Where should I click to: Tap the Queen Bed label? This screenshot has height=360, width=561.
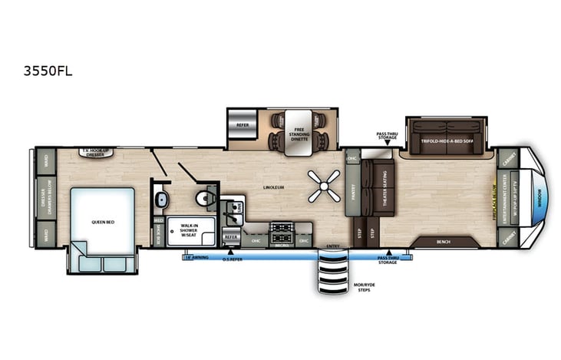pos(103,221)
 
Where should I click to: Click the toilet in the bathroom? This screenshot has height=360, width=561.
pos(203,198)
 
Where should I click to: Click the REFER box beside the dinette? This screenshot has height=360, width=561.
pos(243,123)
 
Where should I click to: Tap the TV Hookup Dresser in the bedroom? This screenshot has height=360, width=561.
pos(97,153)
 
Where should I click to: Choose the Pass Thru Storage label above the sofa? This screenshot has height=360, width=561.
pos(388,135)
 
